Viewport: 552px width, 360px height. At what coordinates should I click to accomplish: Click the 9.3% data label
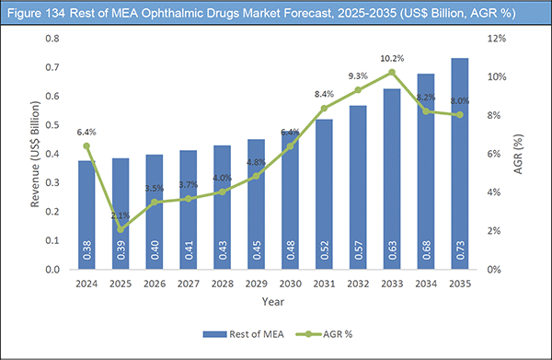click(x=357, y=76)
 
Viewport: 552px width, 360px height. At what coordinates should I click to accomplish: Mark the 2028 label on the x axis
click(x=230, y=284)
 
